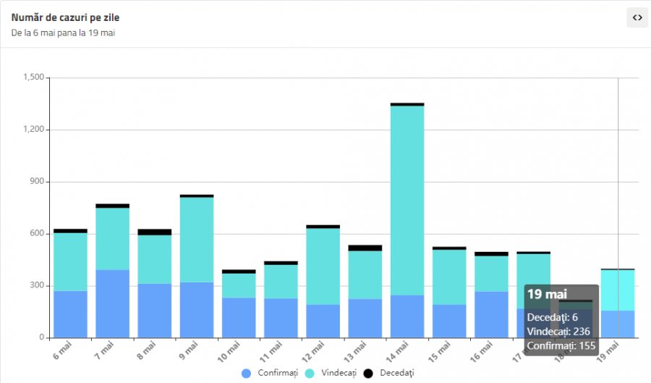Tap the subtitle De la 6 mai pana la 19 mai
[x=64, y=33]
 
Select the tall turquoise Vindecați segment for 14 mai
[x=407, y=200]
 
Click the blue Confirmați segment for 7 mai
[x=112, y=303]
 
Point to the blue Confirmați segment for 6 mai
[x=70, y=314]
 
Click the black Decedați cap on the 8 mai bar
[x=154, y=232]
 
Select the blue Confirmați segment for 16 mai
[x=491, y=314]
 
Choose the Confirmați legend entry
[x=271, y=373]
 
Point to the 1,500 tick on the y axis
[x=34, y=77]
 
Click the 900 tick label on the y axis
[x=37, y=182]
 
